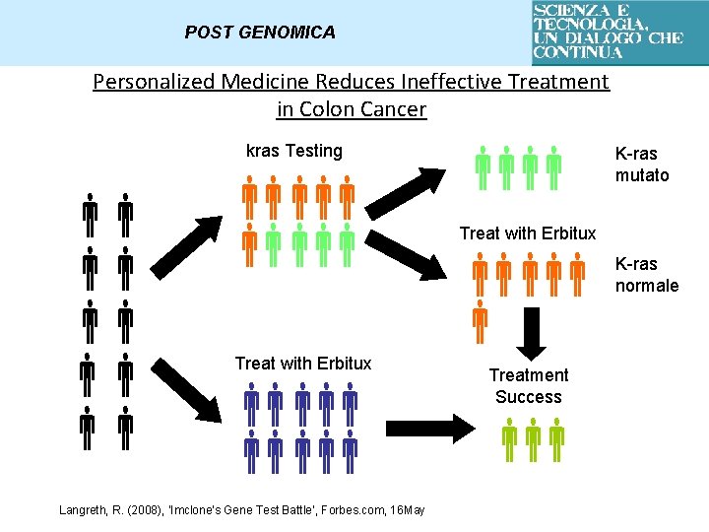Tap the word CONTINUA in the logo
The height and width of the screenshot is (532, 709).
(x=578, y=52)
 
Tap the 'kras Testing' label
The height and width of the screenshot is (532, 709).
(x=293, y=151)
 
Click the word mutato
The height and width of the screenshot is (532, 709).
(x=642, y=175)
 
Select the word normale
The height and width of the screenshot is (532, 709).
(x=647, y=286)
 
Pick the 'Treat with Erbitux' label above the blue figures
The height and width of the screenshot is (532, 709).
(x=303, y=364)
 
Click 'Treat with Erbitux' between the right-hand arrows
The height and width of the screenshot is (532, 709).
(x=528, y=233)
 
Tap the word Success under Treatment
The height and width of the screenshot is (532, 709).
(x=529, y=397)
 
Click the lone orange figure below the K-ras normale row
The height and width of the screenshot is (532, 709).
(x=480, y=320)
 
